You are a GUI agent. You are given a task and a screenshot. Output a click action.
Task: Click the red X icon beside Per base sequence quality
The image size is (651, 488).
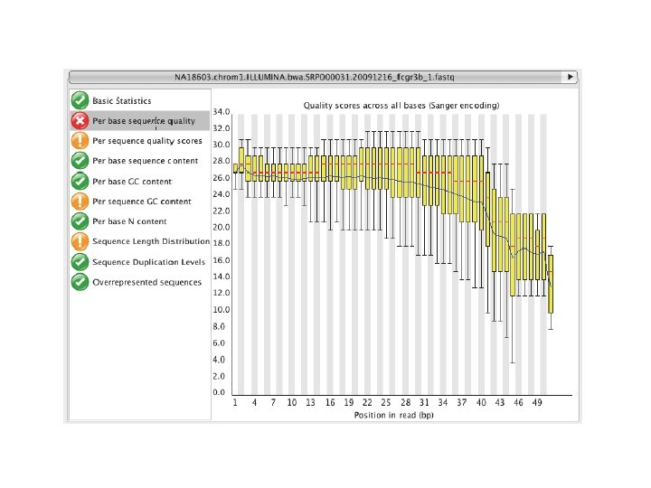pyautogui.click(x=80, y=121)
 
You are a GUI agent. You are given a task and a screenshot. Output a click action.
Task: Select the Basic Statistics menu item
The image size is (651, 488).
pyautogui.click(x=122, y=101)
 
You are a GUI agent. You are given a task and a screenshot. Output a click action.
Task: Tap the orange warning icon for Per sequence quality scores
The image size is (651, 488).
pyautogui.click(x=80, y=141)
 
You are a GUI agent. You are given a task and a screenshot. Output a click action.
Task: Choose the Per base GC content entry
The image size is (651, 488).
pyautogui.click(x=132, y=182)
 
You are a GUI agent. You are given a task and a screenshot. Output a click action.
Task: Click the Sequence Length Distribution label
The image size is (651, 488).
pyautogui.click(x=151, y=241)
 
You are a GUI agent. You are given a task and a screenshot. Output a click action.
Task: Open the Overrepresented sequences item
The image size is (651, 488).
pyautogui.click(x=147, y=282)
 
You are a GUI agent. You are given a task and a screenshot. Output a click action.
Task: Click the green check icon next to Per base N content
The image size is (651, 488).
pyautogui.click(x=80, y=221)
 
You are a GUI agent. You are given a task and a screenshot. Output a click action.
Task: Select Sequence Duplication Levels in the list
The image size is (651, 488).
pyautogui.click(x=148, y=262)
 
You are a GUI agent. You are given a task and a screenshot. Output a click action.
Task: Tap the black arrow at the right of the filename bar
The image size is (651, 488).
pyautogui.click(x=570, y=77)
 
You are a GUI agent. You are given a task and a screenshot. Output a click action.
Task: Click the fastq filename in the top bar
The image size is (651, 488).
pyautogui.click(x=315, y=77)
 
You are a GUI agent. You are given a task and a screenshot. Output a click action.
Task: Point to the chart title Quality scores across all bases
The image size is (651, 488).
pyautogui.click(x=401, y=106)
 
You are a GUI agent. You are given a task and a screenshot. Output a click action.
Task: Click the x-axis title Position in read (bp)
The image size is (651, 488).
pyautogui.click(x=393, y=415)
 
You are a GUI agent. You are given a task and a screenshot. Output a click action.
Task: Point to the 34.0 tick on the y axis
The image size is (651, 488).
pyautogui.click(x=222, y=112)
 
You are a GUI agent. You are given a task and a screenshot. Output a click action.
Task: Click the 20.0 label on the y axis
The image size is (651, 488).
pyautogui.click(x=222, y=227)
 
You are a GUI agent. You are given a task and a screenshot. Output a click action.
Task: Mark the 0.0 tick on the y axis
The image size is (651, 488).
pyautogui.click(x=219, y=392)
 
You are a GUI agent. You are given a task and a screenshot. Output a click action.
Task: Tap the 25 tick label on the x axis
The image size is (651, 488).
pyautogui.click(x=386, y=402)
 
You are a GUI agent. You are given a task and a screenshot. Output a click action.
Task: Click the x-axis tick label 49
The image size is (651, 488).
pyautogui.click(x=537, y=402)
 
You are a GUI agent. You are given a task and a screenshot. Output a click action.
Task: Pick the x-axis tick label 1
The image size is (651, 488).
pyautogui.click(x=235, y=402)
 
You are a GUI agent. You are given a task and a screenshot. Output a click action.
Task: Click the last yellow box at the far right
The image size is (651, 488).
pyautogui.click(x=551, y=285)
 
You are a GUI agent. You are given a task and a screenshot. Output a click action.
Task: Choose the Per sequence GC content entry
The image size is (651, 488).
pyautogui.click(x=142, y=202)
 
